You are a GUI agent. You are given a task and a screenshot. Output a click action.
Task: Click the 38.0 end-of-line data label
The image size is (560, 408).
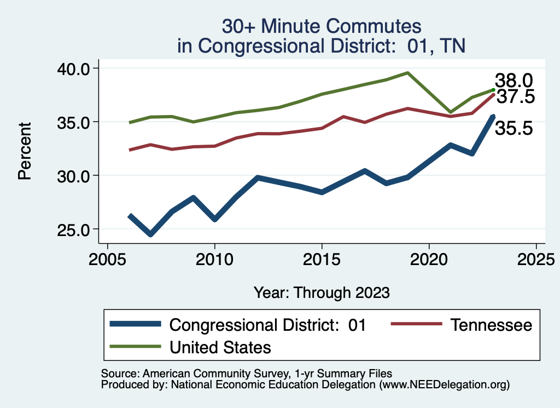514,81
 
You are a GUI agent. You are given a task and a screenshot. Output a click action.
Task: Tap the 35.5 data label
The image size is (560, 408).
514,129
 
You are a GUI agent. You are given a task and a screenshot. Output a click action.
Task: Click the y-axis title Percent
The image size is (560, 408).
24,151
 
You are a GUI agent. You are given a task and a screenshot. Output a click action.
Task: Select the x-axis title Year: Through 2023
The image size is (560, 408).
322,292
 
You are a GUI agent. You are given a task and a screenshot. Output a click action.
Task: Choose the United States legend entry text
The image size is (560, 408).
220,347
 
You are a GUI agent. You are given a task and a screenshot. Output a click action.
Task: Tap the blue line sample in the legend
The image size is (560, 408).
135,324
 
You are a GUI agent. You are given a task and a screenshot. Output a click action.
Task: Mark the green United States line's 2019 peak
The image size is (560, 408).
407,72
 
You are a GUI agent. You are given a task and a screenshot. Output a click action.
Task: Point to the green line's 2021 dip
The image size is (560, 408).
451,112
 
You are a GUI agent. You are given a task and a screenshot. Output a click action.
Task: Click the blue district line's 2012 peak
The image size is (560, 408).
258,177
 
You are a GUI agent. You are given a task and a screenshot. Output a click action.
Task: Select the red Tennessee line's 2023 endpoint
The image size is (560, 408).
493,95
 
